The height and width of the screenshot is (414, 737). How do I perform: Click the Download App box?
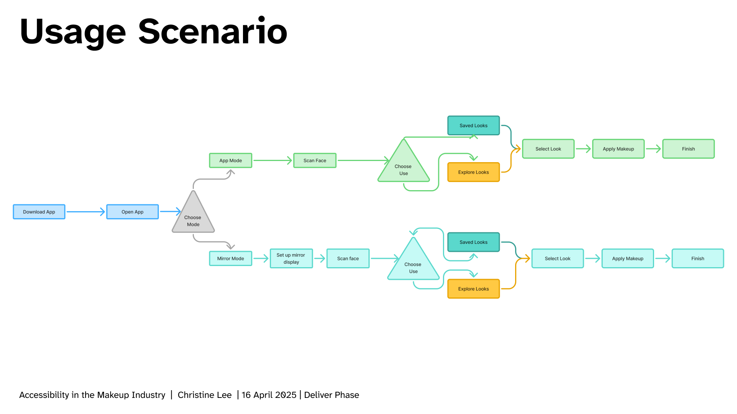click(x=39, y=212)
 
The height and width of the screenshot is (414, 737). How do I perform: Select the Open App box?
click(x=132, y=212)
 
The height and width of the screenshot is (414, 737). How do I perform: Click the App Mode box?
click(x=231, y=161)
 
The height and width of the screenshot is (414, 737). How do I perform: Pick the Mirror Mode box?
click(x=231, y=259)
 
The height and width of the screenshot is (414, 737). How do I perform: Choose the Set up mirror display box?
click(x=291, y=259)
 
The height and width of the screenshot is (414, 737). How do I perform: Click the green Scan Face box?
click(x=315, y=161)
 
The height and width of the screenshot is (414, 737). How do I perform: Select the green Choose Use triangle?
click(x=403, y=167)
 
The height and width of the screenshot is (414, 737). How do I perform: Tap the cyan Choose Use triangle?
click(x=413, y=264)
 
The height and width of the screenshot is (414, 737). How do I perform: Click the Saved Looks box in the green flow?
click(x=474, y=126)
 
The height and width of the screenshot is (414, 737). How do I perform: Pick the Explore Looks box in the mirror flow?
click(x=474, y=289)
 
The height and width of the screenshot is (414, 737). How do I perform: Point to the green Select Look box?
click(x=548, y=149)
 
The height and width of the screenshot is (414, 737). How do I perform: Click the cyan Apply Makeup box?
click(x=628, y=259)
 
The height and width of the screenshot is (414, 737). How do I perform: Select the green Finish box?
click(x=688, y=149)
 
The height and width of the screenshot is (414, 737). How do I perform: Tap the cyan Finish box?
click(x=697, y=259)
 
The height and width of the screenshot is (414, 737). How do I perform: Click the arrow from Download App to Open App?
click(x=86, y=212)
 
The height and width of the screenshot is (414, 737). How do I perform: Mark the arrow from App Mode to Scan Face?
click(x=273, y=161)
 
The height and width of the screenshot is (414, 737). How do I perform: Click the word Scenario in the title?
click(x=213, y=31)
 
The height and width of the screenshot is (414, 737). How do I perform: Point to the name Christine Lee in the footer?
click(x=205, y=395)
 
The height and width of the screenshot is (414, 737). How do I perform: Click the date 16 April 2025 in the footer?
click(x=269, y=395)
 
